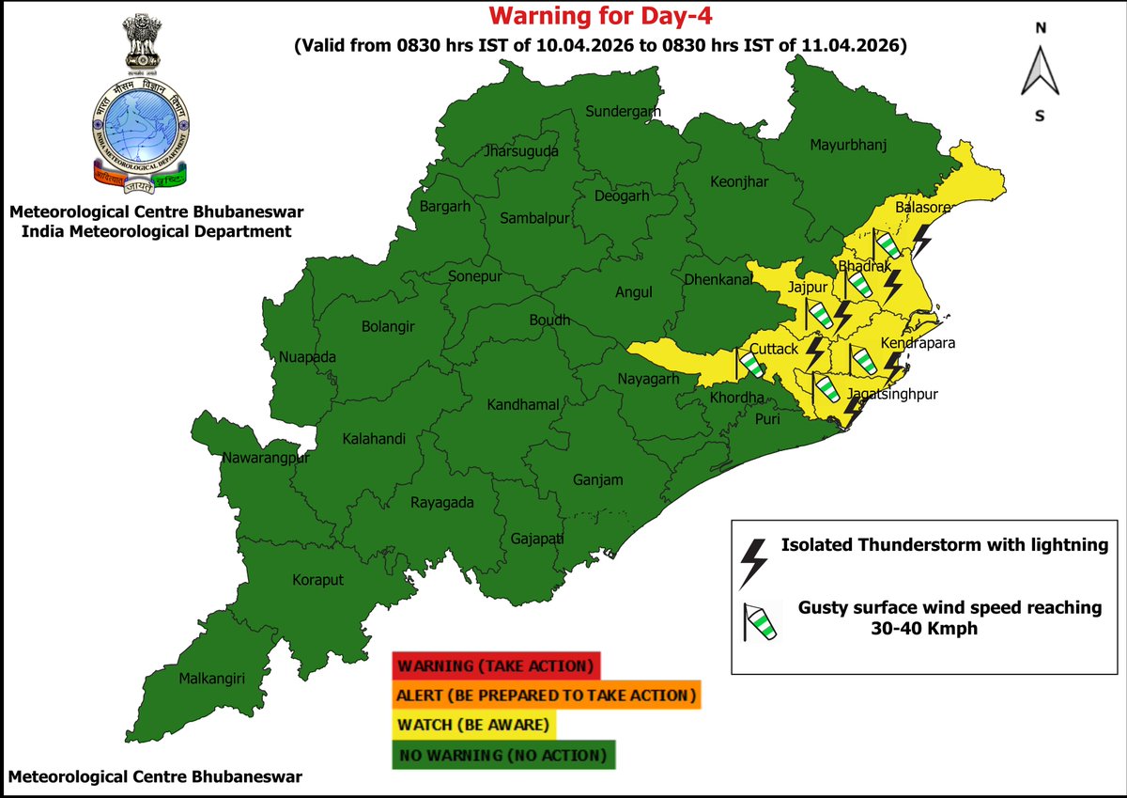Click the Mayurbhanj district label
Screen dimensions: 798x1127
point(848,145)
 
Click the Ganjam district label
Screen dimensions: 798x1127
point(598,480)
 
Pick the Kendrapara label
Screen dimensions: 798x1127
point(918,344)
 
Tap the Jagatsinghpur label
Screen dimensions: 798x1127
point(893,393)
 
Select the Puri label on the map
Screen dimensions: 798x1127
point(768,420)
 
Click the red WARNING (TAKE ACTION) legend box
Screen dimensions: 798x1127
point(496,666)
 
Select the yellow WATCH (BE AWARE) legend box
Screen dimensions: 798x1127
point(474,725)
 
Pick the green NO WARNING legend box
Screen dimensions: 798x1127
point(503,755)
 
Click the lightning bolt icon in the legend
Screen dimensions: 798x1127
point(753,562)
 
